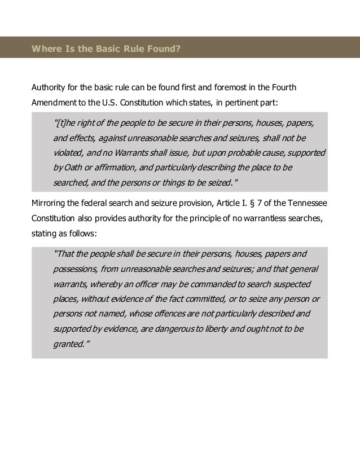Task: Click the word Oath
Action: pos(73,168)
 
